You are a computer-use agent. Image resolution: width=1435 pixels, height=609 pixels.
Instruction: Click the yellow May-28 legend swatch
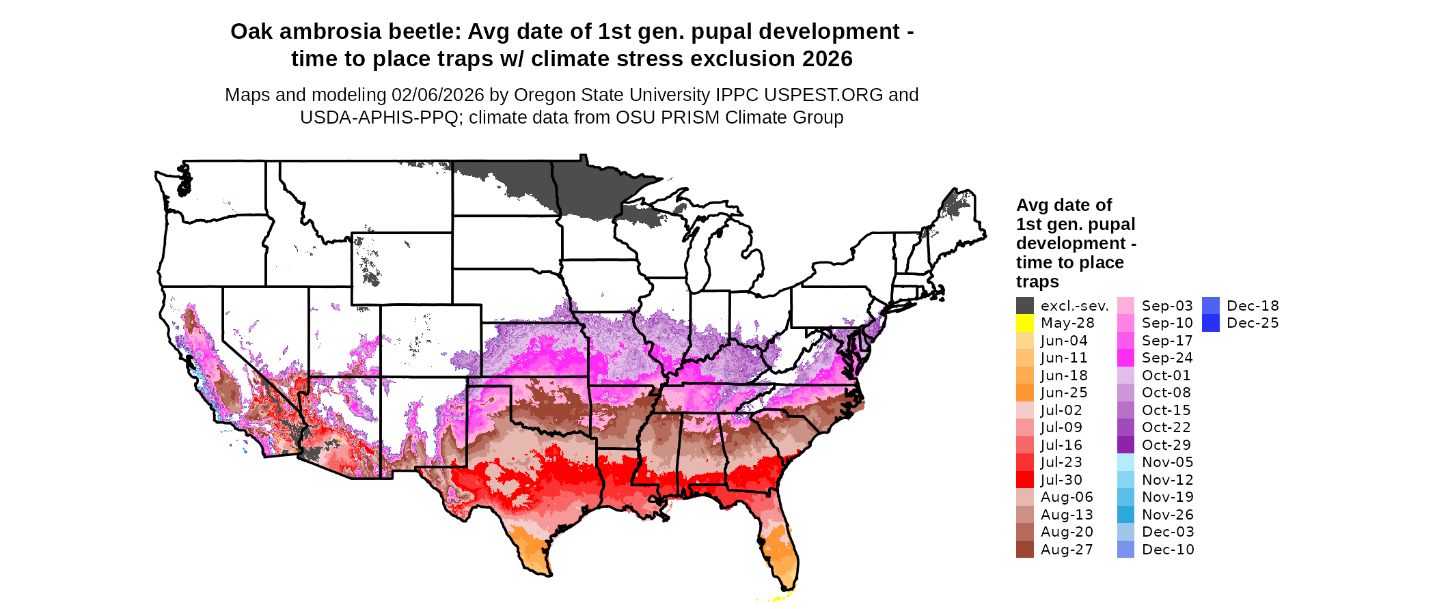(x=1024, y=323)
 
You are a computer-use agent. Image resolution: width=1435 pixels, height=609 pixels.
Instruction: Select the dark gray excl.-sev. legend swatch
(x=1024, y=306)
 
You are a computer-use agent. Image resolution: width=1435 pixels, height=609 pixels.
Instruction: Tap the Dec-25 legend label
(x=1253, y=323)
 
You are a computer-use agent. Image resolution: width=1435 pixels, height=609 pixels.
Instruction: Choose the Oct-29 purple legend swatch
(x=1125, y=445)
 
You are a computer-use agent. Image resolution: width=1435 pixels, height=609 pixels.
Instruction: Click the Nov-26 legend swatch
(x=1125, y=515)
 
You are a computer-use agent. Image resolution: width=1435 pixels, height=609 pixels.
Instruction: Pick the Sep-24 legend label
(x=1167, y=358)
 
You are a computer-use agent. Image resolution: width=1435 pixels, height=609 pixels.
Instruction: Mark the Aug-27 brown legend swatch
(x=1024, y=550)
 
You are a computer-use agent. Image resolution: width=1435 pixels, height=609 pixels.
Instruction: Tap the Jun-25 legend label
(x=1064, y=393)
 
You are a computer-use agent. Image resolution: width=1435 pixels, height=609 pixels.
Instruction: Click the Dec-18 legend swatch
(x=1210, y=306)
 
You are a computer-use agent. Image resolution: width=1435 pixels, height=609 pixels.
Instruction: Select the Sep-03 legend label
(x=1167, y=306)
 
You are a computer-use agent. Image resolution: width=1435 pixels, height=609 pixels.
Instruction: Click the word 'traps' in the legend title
(x=1037, y=282)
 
